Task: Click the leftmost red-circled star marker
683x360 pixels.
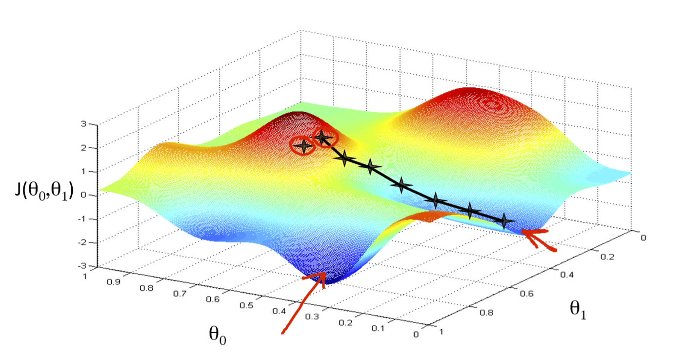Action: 303,146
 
